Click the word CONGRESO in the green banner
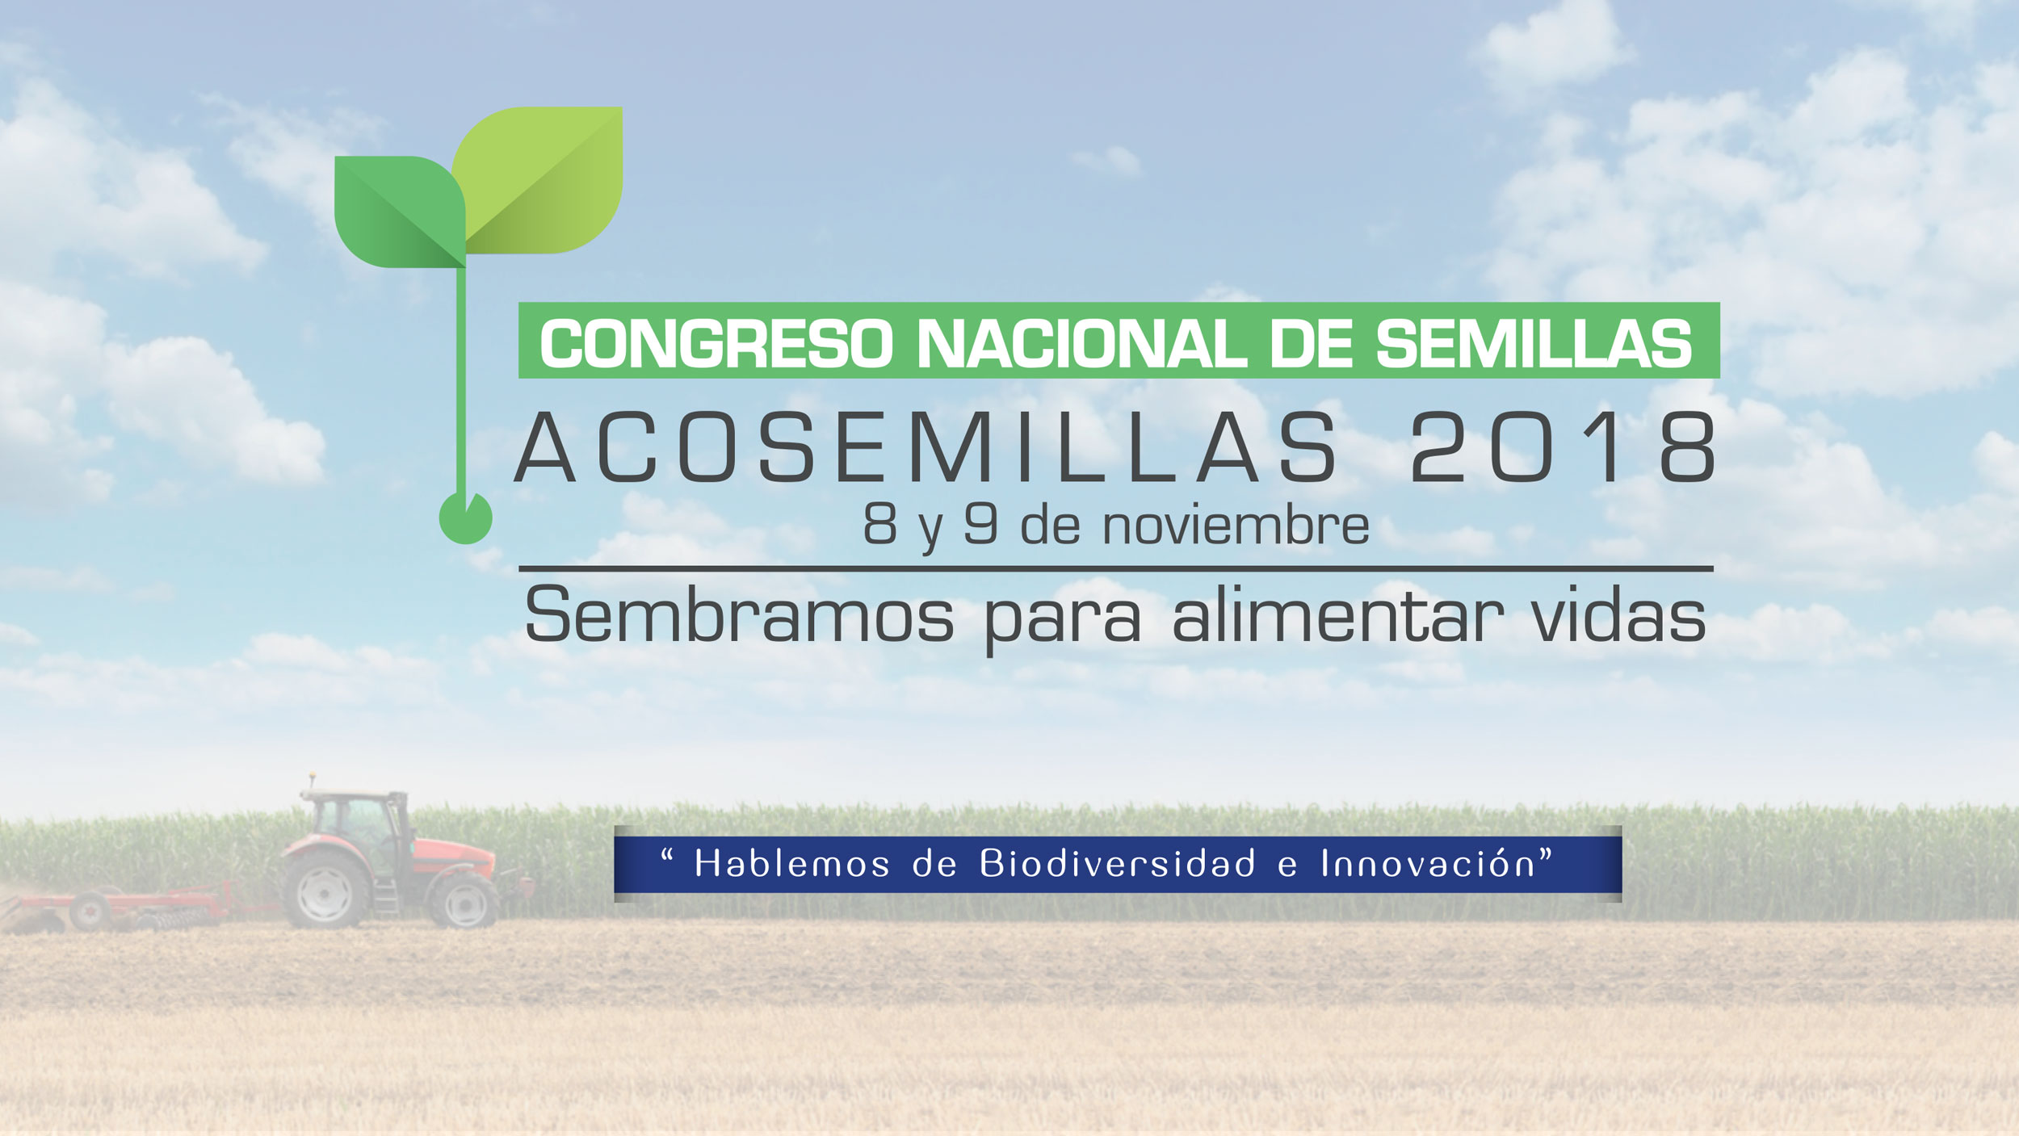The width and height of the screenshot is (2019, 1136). (x=716, y=344)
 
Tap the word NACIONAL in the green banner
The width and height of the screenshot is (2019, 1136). (x=1081, y=344)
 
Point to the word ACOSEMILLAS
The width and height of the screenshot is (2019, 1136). (x=926, y=447)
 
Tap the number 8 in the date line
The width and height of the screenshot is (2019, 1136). (x=879, y=525)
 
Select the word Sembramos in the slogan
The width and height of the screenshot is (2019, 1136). (x=739, y=615)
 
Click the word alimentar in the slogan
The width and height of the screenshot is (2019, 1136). (x=1337, y=615)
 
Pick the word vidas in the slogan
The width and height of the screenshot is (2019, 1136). (x=1618, y=615)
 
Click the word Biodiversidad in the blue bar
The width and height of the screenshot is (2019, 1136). (x=1118, y=864)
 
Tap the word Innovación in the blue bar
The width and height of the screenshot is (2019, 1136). (x=1428, y=864)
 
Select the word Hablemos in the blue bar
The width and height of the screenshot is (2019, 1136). (x=792, y=864)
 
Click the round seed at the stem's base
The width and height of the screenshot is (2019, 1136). (x=465, y=518)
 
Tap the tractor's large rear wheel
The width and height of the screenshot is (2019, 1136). (x=325, y=891)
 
